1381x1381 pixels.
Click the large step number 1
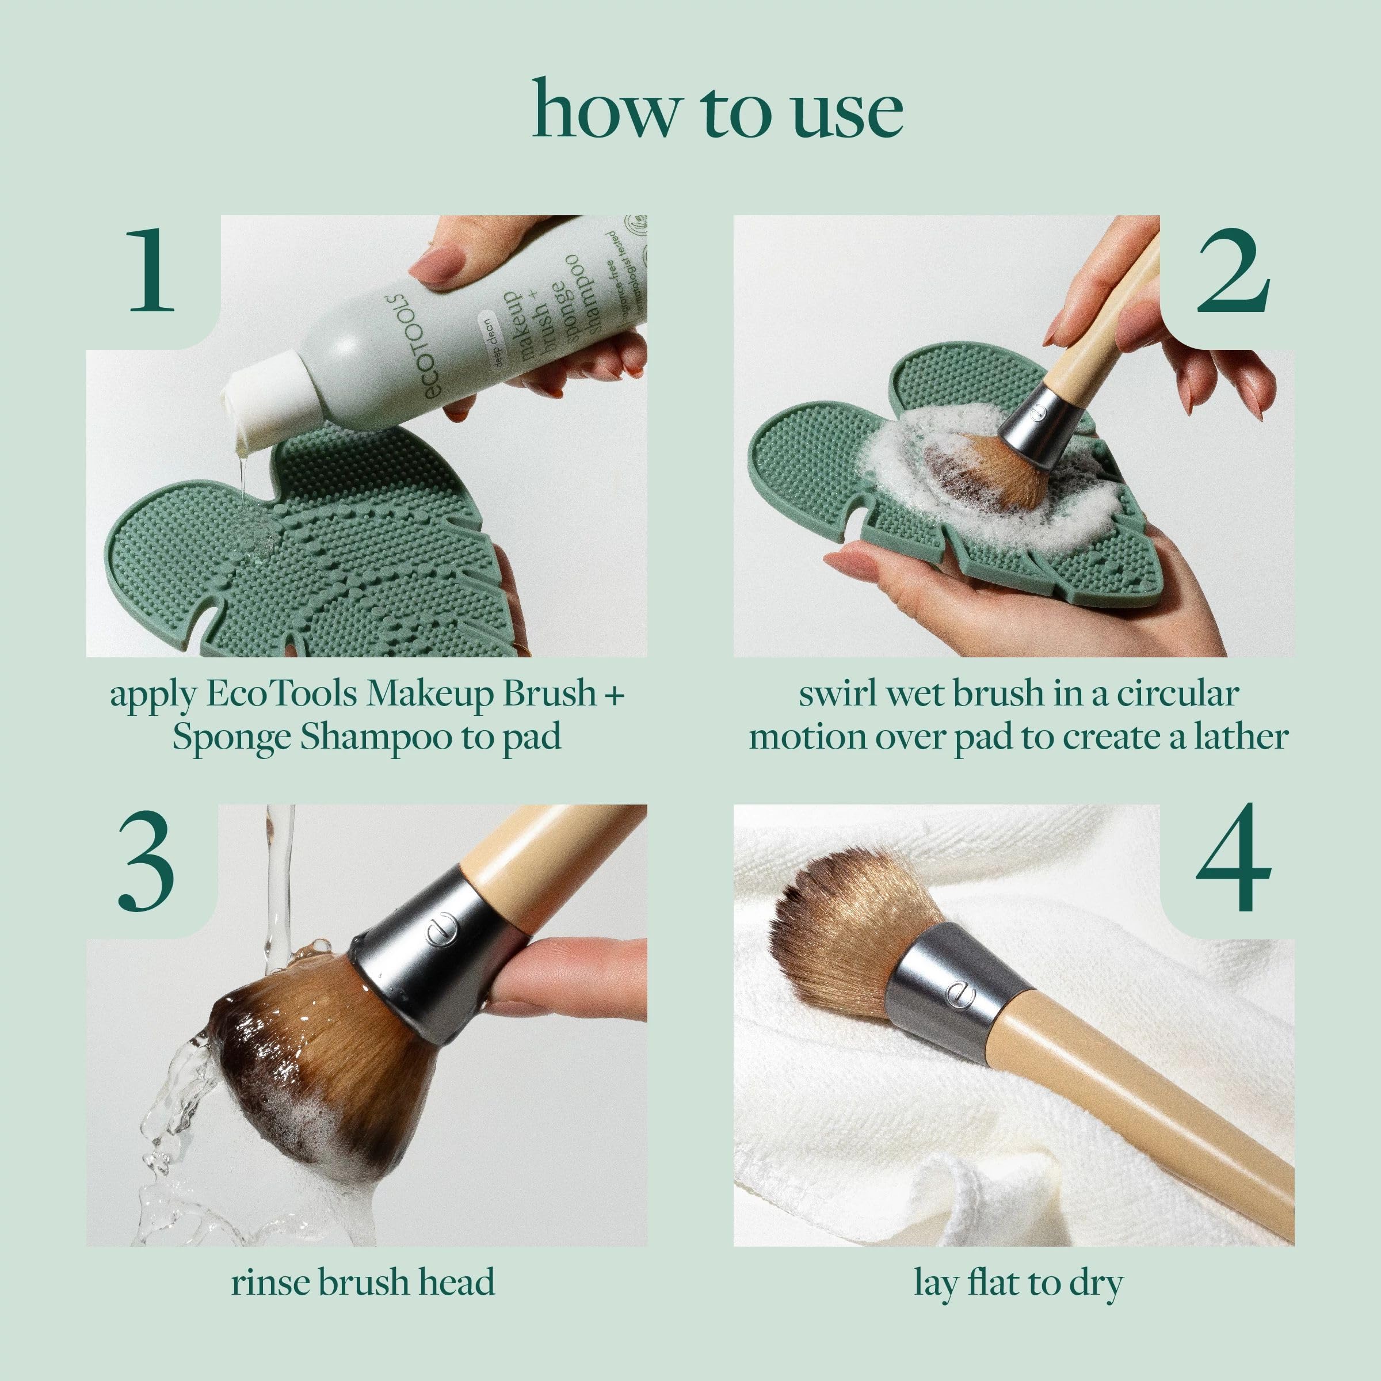[x=151, y=274]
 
